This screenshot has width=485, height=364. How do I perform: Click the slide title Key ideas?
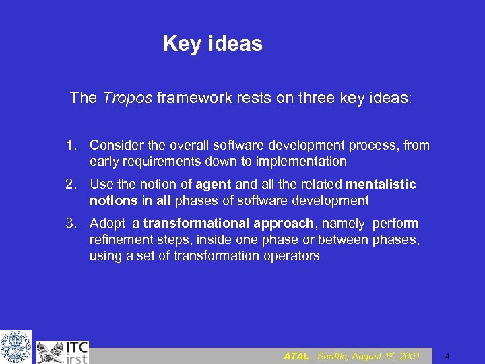point(212,44)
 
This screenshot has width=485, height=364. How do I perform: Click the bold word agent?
point(214,184)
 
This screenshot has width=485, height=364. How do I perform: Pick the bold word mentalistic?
point(381,184)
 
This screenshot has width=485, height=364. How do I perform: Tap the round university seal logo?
point(15,347)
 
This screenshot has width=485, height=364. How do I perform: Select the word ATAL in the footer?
point(296,355)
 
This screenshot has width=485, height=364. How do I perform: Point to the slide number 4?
point(447,356)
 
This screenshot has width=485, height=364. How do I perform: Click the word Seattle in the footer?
point(332,355)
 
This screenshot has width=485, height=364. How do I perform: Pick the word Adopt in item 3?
point(106,223)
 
